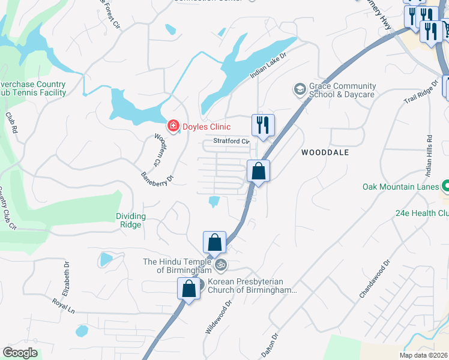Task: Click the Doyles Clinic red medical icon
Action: pyautogui.click(x=173, y=125)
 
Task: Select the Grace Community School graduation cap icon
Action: pyautogui.click(x=299, y=90)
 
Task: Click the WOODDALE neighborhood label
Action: pyautogui.click(x=325, y=153)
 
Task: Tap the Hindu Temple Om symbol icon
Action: pyautogui.click(x=220, y=263)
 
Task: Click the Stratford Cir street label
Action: pyautogui.click(x=231, y=142)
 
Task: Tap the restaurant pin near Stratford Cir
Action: pyautogui.click(x=263, y=125)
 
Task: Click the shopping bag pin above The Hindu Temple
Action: pyautogui.click(x=214, y=242)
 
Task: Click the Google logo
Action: pyautogui.click(x=20, y=353)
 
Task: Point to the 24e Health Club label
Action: pyautogui.click(x=422, y=213)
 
